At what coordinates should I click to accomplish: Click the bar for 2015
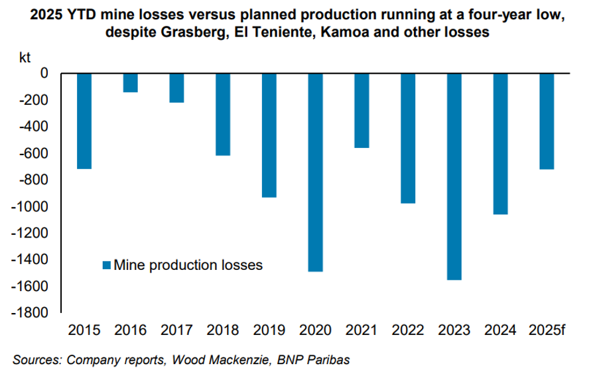tap(85, 121)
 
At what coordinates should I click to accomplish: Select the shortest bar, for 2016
tap(131, 82)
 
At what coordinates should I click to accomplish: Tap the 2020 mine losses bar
tap(316, 172)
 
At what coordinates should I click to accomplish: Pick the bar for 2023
tap(454, 176)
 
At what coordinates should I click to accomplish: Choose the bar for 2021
tap(362, 110)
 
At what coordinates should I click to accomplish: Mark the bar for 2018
tap(224, 114)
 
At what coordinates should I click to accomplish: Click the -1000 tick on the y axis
tap(31, 206)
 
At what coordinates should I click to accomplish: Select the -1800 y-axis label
tap(31, 312)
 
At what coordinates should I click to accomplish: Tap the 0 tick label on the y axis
tap(44, 74)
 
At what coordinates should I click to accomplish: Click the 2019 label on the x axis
tap(269, 330)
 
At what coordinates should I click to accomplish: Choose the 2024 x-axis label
tap(501, 330)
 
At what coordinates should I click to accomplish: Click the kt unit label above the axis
tap(25, 57)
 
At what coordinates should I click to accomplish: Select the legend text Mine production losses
tap(188, 265)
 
